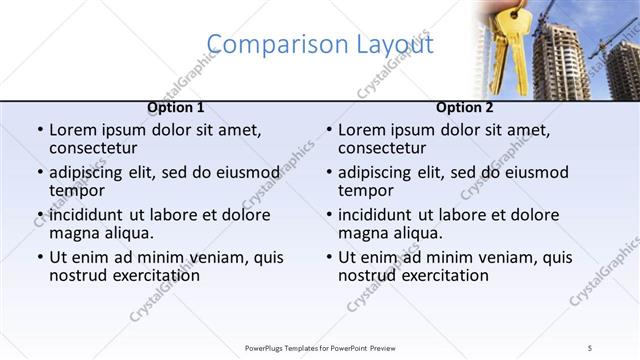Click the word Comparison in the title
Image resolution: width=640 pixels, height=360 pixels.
pos(266,45)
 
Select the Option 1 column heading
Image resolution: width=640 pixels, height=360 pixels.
pos(176,107)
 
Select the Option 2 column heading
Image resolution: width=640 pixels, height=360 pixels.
pos(465,107)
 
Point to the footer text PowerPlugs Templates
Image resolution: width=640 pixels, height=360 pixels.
pos(286,348)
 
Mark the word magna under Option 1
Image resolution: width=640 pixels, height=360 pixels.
pos(75,233)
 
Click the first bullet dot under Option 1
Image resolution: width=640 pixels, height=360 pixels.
pos(39,131)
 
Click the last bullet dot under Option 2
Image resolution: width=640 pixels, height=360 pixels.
pos(328,257)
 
